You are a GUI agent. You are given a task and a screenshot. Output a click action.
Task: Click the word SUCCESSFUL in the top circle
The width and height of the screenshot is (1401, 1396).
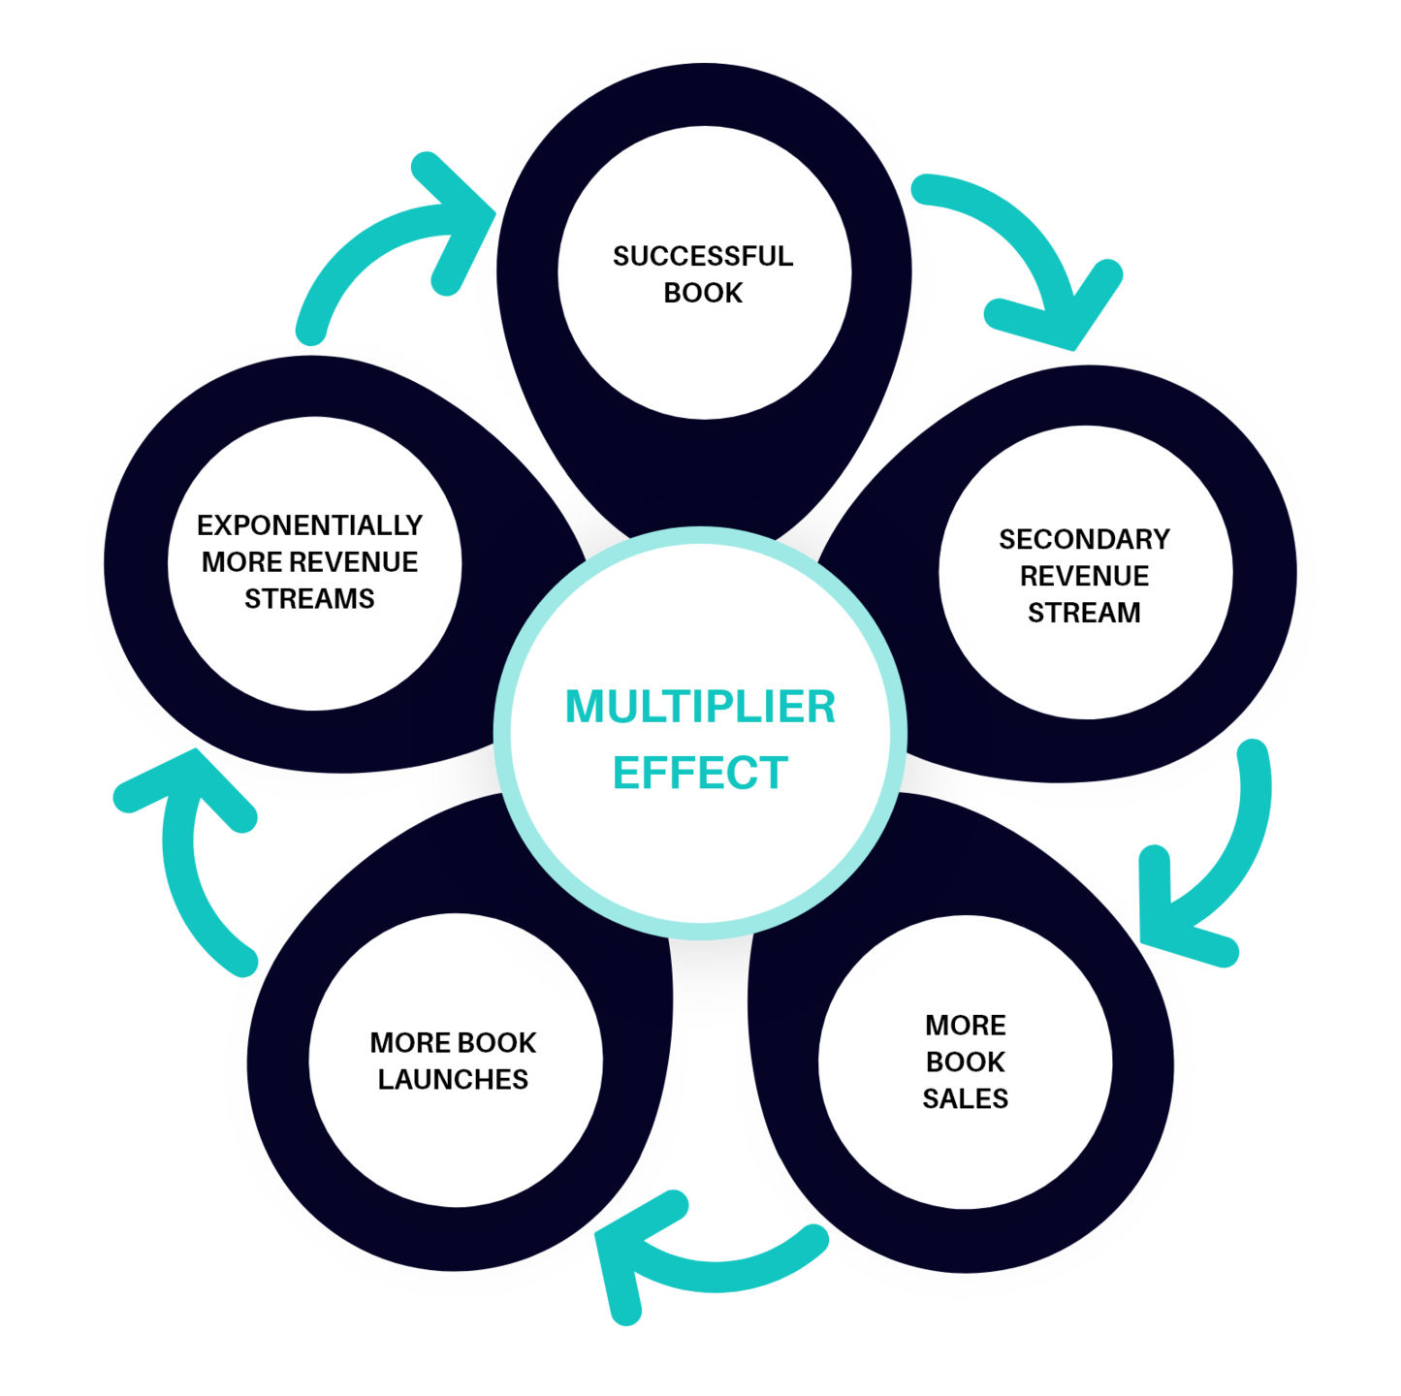[703, 256]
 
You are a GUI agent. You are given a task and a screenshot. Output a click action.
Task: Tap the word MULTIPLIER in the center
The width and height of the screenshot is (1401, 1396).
[700, 707]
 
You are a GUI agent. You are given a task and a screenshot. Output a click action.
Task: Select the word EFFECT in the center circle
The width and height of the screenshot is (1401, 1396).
[700, 773]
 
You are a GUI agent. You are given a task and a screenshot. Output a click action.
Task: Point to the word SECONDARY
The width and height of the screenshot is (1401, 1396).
[1084, 539]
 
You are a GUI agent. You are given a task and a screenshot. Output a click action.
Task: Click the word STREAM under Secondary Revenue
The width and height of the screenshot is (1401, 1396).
[1084, 613]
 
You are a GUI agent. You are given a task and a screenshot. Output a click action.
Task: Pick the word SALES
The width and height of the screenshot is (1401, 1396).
[965, 1098]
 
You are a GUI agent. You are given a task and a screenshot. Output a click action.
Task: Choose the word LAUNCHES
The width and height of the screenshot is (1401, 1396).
[453, 1079]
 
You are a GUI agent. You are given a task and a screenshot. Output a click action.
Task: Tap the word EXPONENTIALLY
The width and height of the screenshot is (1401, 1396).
[309, 525]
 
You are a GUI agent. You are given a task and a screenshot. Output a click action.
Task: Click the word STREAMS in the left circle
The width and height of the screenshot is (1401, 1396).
[309, 599]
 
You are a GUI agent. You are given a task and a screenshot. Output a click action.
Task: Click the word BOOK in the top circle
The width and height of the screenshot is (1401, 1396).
[703, 293]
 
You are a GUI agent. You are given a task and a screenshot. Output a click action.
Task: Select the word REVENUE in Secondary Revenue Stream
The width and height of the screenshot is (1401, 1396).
[1084, 576]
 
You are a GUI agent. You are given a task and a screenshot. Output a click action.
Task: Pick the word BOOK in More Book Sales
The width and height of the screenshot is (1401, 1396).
[965, 1062]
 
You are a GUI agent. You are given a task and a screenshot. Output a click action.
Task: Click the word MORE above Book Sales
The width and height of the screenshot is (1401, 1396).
[965, 1025]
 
